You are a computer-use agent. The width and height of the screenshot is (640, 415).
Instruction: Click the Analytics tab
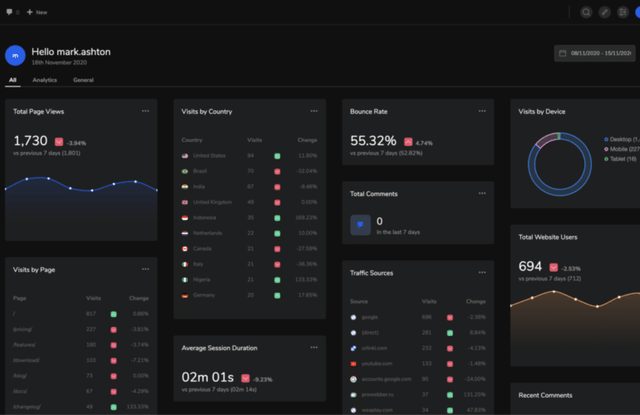tap(44, 80)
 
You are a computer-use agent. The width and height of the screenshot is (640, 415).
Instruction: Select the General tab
tap(83, 80)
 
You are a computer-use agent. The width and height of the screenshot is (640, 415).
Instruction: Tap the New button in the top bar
tap(37, 12)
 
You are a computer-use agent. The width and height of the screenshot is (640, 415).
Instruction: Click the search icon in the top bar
tap(586, 12)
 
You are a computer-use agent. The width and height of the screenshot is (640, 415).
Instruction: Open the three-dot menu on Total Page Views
tap(145, 111)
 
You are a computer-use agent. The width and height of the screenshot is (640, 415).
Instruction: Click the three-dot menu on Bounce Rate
tap(482, 111)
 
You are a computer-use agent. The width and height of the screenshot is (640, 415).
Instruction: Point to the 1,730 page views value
tap(31, 141)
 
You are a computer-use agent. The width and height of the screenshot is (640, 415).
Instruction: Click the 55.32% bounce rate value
tap(373, 141)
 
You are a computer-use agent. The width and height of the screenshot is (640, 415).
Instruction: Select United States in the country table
tap(209, 155)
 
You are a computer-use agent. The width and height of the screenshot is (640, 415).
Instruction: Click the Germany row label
tap(204, 295)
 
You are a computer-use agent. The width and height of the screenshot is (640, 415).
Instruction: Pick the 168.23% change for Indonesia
tap(306, 217)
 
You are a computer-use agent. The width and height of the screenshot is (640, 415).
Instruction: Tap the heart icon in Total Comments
tap(360, 225)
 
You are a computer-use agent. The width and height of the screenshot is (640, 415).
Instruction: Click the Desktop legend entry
tap(622, 139)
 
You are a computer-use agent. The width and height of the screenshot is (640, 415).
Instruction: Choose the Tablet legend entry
tap(622, 159)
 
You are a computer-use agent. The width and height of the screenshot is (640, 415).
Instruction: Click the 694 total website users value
tap(530, 266)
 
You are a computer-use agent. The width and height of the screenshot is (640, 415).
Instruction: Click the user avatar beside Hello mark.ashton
tap(15, 56)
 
